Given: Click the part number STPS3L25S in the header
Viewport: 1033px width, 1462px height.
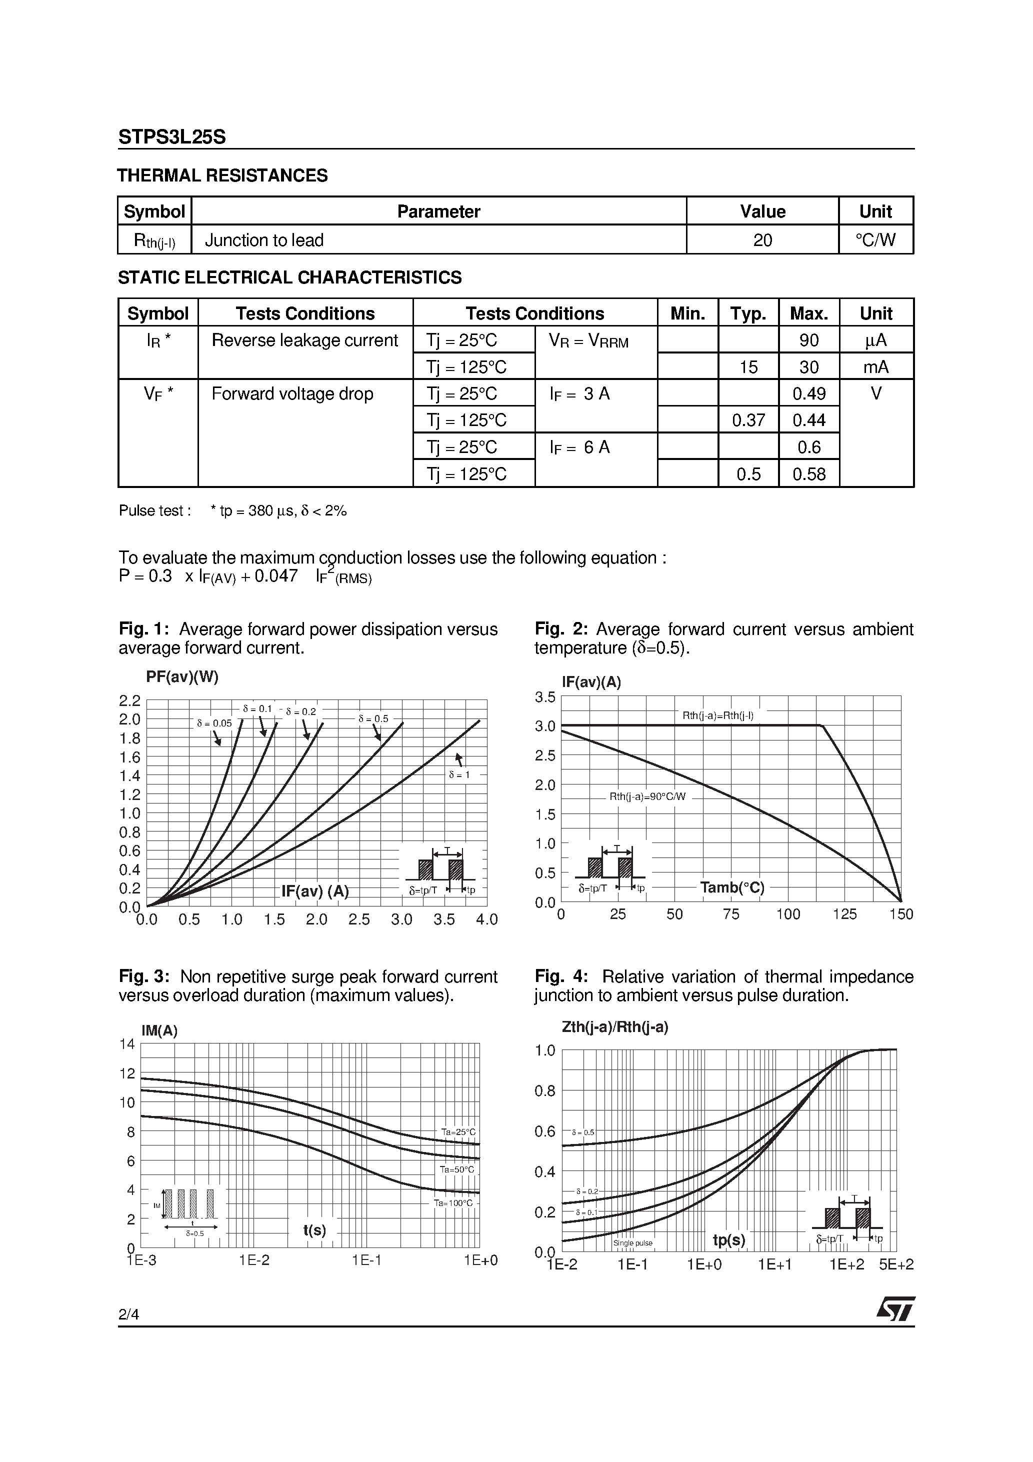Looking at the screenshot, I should coord(172,137).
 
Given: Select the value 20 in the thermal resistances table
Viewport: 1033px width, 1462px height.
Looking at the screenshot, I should coord(762,240).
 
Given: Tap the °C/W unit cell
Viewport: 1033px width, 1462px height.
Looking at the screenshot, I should coord(875,240).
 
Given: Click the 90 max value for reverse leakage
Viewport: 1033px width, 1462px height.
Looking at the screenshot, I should coord(809,340).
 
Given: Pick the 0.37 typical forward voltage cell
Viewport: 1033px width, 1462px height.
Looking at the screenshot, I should coord(748,420).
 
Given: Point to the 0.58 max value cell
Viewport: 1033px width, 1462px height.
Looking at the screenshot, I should coord(809,473).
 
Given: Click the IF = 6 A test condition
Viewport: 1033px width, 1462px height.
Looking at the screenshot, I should coord(579,447).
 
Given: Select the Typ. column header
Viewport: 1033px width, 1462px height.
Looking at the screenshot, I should coord(748,313).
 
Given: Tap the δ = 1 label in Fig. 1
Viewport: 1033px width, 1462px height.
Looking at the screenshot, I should coord(459,775).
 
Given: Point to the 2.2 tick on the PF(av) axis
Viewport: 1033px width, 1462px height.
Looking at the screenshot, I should coord(129,701).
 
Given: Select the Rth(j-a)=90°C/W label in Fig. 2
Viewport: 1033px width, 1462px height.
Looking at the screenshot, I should coord(647,796).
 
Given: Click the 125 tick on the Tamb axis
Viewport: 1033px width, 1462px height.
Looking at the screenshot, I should coord(844,914).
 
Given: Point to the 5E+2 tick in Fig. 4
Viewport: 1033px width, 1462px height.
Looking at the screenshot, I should coord(896,1264).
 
